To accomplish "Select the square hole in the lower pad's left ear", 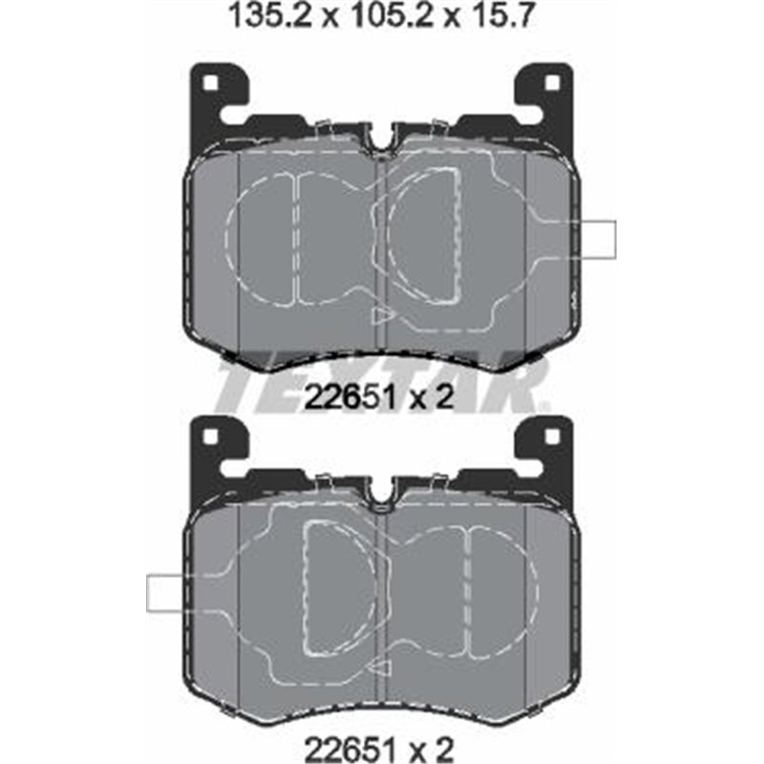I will click(212, 437).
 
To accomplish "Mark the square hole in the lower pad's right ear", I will click(551, 437).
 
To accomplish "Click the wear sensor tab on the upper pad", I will click(598, 239).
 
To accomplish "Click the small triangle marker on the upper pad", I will click(383, 314).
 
